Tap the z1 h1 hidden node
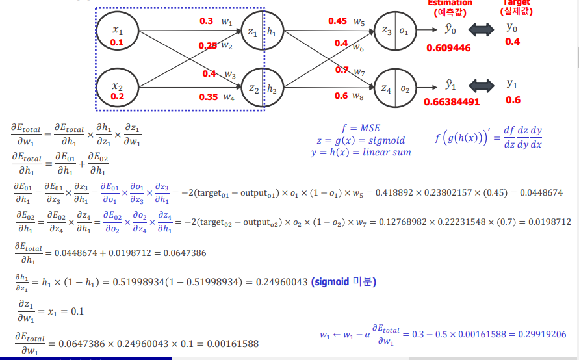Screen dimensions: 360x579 coord(263,32)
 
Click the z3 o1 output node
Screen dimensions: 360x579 coord(394,31)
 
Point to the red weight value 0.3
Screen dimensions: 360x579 coord(206,21)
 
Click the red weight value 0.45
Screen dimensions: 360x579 coord(337,21)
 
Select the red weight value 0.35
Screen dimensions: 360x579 coord(209,97)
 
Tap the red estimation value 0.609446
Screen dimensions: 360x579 coord(448,48)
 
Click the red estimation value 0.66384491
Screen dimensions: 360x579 coord(452,101)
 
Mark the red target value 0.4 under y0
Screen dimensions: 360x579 coord(513,42)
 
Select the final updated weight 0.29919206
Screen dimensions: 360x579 coord(542,334)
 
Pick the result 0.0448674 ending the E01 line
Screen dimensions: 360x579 coord(545,193)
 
